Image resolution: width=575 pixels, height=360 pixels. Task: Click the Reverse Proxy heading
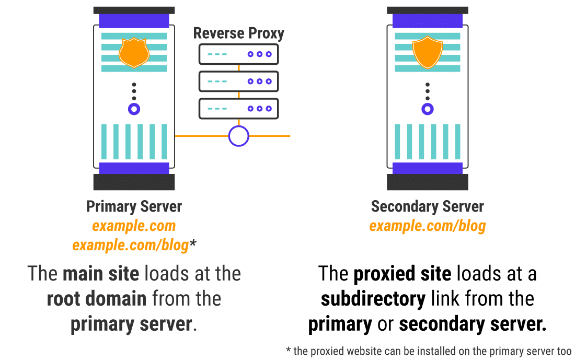click(x=238, y=33)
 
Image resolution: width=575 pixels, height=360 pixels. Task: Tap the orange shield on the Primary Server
click(x=134, y=53)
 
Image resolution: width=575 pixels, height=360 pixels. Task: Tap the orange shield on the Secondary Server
click(x=428, y=53)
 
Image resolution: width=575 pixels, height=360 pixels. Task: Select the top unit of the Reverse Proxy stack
click(x=238, y=54)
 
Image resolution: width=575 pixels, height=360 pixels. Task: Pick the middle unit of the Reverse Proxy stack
click(x=238, y=81)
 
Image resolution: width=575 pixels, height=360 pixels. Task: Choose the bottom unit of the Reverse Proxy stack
click(x=238, y=108)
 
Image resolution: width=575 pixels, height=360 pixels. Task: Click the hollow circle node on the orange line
click(x=238, y=136)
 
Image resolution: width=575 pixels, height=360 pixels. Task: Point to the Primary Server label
click(x=134, y=206)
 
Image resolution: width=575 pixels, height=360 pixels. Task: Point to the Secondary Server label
click(x=428, y=206)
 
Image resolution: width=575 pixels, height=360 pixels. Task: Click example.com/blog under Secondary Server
click(x=428, y=226)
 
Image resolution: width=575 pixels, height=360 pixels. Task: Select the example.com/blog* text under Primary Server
click(x=134, y=245)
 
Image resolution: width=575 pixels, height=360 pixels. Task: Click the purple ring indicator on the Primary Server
click(x=134, y=109)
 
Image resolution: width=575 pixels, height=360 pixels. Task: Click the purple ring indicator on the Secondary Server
click(x=428, y=109)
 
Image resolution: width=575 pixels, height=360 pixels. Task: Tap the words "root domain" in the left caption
click(x=97, y=299)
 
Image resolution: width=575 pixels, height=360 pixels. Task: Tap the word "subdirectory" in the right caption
click(x=373, y=299)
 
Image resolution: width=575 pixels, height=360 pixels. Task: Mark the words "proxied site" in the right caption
click(x=401, y=273)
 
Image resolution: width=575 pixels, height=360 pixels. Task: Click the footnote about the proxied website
click(x=429, y=351)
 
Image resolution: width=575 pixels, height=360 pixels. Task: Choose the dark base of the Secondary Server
click(x=428, y=182)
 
